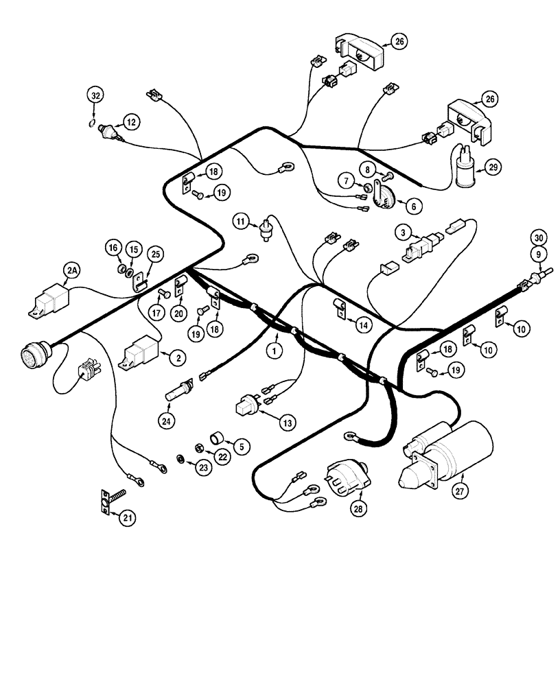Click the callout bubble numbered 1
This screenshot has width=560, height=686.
[275, 351]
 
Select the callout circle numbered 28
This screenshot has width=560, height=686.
[358, 508]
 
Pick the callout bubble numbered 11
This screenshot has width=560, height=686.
[240, 220]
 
